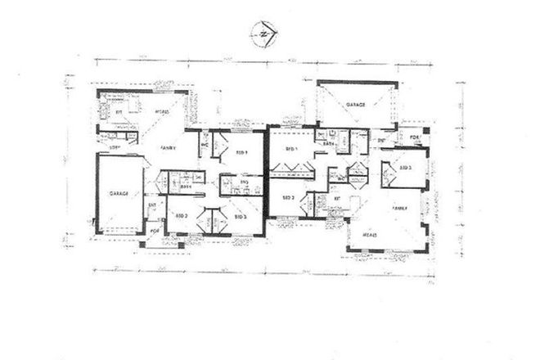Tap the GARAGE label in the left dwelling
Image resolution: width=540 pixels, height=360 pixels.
[x=120, y=194]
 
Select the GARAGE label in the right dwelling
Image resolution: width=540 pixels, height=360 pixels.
[x=355, y=106]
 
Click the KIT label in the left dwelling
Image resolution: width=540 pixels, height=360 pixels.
[x=119, y=112]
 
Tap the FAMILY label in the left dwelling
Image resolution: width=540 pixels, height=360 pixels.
[x=168, y=148]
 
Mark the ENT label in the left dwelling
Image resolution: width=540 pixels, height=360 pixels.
[x=152, y=206]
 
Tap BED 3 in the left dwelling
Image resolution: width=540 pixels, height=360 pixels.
[x=240, y=217]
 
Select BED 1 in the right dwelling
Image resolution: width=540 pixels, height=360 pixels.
[x=290, y=149]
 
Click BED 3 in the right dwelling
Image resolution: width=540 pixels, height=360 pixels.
[x=405, y=167]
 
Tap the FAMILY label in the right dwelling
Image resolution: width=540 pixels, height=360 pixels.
[x=400, y=209]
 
